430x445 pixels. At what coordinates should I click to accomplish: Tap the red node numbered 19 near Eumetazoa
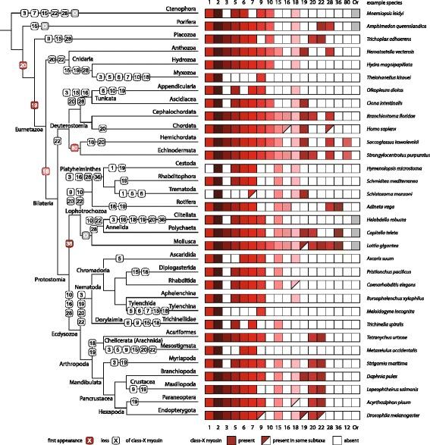tap(33, 105)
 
